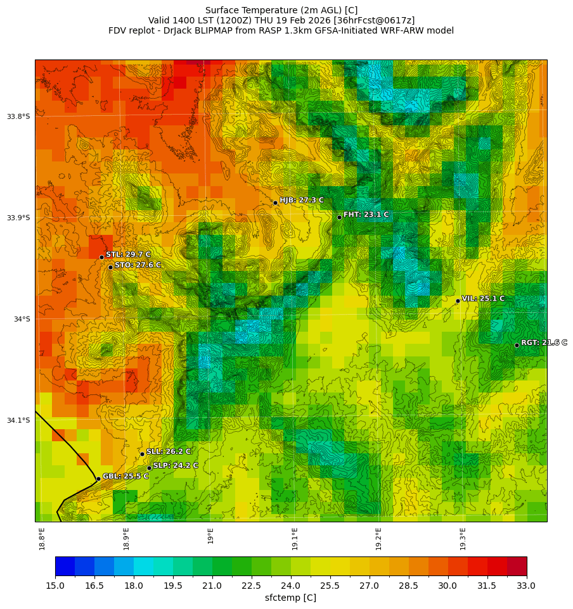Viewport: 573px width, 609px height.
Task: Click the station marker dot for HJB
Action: (x=275, y=203)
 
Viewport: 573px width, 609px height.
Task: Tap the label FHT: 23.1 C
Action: (x=366, y=215)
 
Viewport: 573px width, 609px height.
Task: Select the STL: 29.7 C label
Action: (x=128, y=254)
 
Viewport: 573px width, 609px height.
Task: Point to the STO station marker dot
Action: (x=110, y=267)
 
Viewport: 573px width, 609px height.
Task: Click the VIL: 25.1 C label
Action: (x=483, y=298)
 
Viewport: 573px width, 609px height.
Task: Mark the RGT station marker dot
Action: (x=517, y=345)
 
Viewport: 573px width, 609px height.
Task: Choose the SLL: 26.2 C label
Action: (x=169, y=451)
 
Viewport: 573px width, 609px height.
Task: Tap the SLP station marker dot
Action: (x=150, y=468)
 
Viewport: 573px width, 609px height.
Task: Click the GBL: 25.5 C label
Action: (x=126, y=476)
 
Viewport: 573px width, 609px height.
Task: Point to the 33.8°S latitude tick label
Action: (x=18, y=116)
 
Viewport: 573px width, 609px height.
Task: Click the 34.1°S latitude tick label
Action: (x=18, y=420)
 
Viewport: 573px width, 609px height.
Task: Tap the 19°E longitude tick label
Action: (x=210, y=536)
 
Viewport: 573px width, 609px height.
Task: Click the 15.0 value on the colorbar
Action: (x=55, y=586)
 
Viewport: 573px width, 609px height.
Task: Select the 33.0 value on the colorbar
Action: (x=526, y=586)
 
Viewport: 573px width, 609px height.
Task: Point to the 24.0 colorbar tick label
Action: (x=291, y=586)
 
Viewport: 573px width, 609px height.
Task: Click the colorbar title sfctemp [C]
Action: (x=290, y=598)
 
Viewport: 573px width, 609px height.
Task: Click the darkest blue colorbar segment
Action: (x=65, y=566)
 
